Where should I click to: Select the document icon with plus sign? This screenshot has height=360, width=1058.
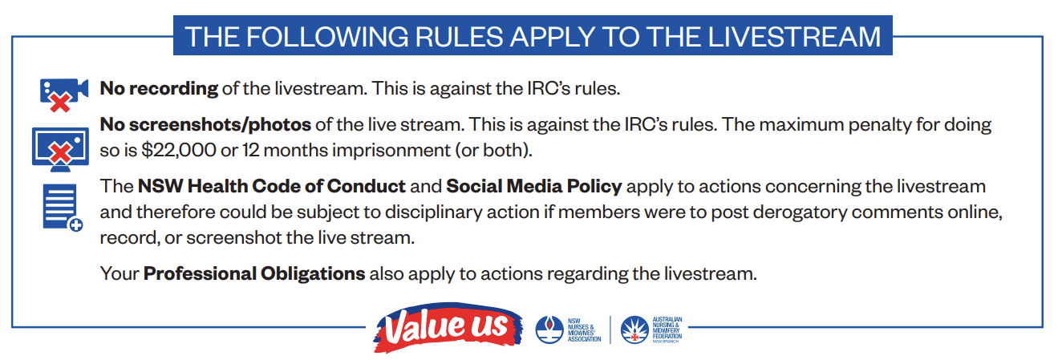pos(63,208)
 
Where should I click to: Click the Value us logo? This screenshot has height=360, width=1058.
pos(448,327)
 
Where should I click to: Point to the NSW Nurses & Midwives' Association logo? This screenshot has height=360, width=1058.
pos(568,330)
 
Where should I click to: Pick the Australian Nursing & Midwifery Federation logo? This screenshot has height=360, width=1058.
pos(651,330)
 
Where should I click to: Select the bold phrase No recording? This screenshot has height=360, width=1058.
pos(159,89)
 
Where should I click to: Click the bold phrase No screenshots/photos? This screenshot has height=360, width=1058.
pos(205,124)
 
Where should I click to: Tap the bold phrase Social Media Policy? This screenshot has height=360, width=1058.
pos(534,187)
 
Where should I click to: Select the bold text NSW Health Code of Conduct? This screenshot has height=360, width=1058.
pos(272,186)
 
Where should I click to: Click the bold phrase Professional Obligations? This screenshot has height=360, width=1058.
pos(254,274)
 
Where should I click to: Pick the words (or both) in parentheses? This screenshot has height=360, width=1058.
pos(493,151)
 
